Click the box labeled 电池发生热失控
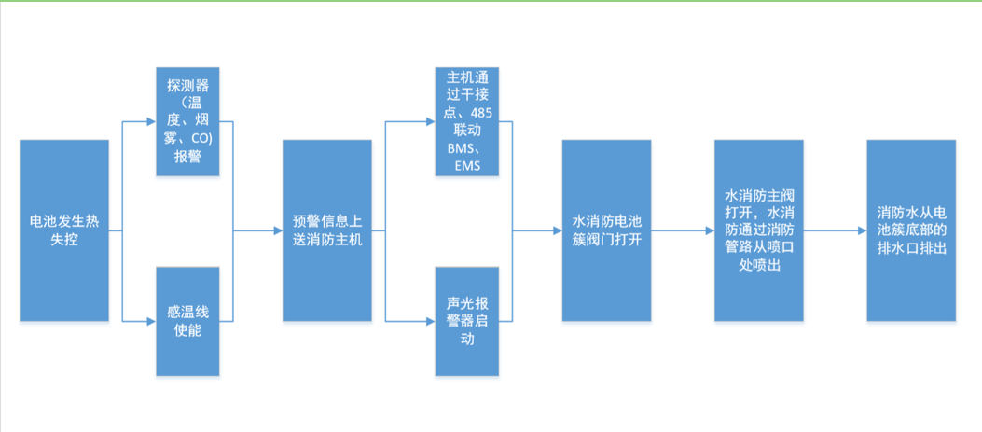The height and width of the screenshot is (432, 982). tap(63, 230)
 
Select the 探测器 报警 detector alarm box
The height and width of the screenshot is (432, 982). tap(187, 121)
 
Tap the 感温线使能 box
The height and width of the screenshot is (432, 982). tap(187, 322)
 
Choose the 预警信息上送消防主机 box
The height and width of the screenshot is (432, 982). tap(327, 230)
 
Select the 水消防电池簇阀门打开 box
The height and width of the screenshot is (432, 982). tap(606, 230)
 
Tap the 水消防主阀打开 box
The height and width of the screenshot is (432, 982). tap(759, 230)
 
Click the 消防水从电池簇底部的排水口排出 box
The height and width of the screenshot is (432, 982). tap(911, 230)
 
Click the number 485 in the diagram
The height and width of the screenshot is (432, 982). tap(489, 113)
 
